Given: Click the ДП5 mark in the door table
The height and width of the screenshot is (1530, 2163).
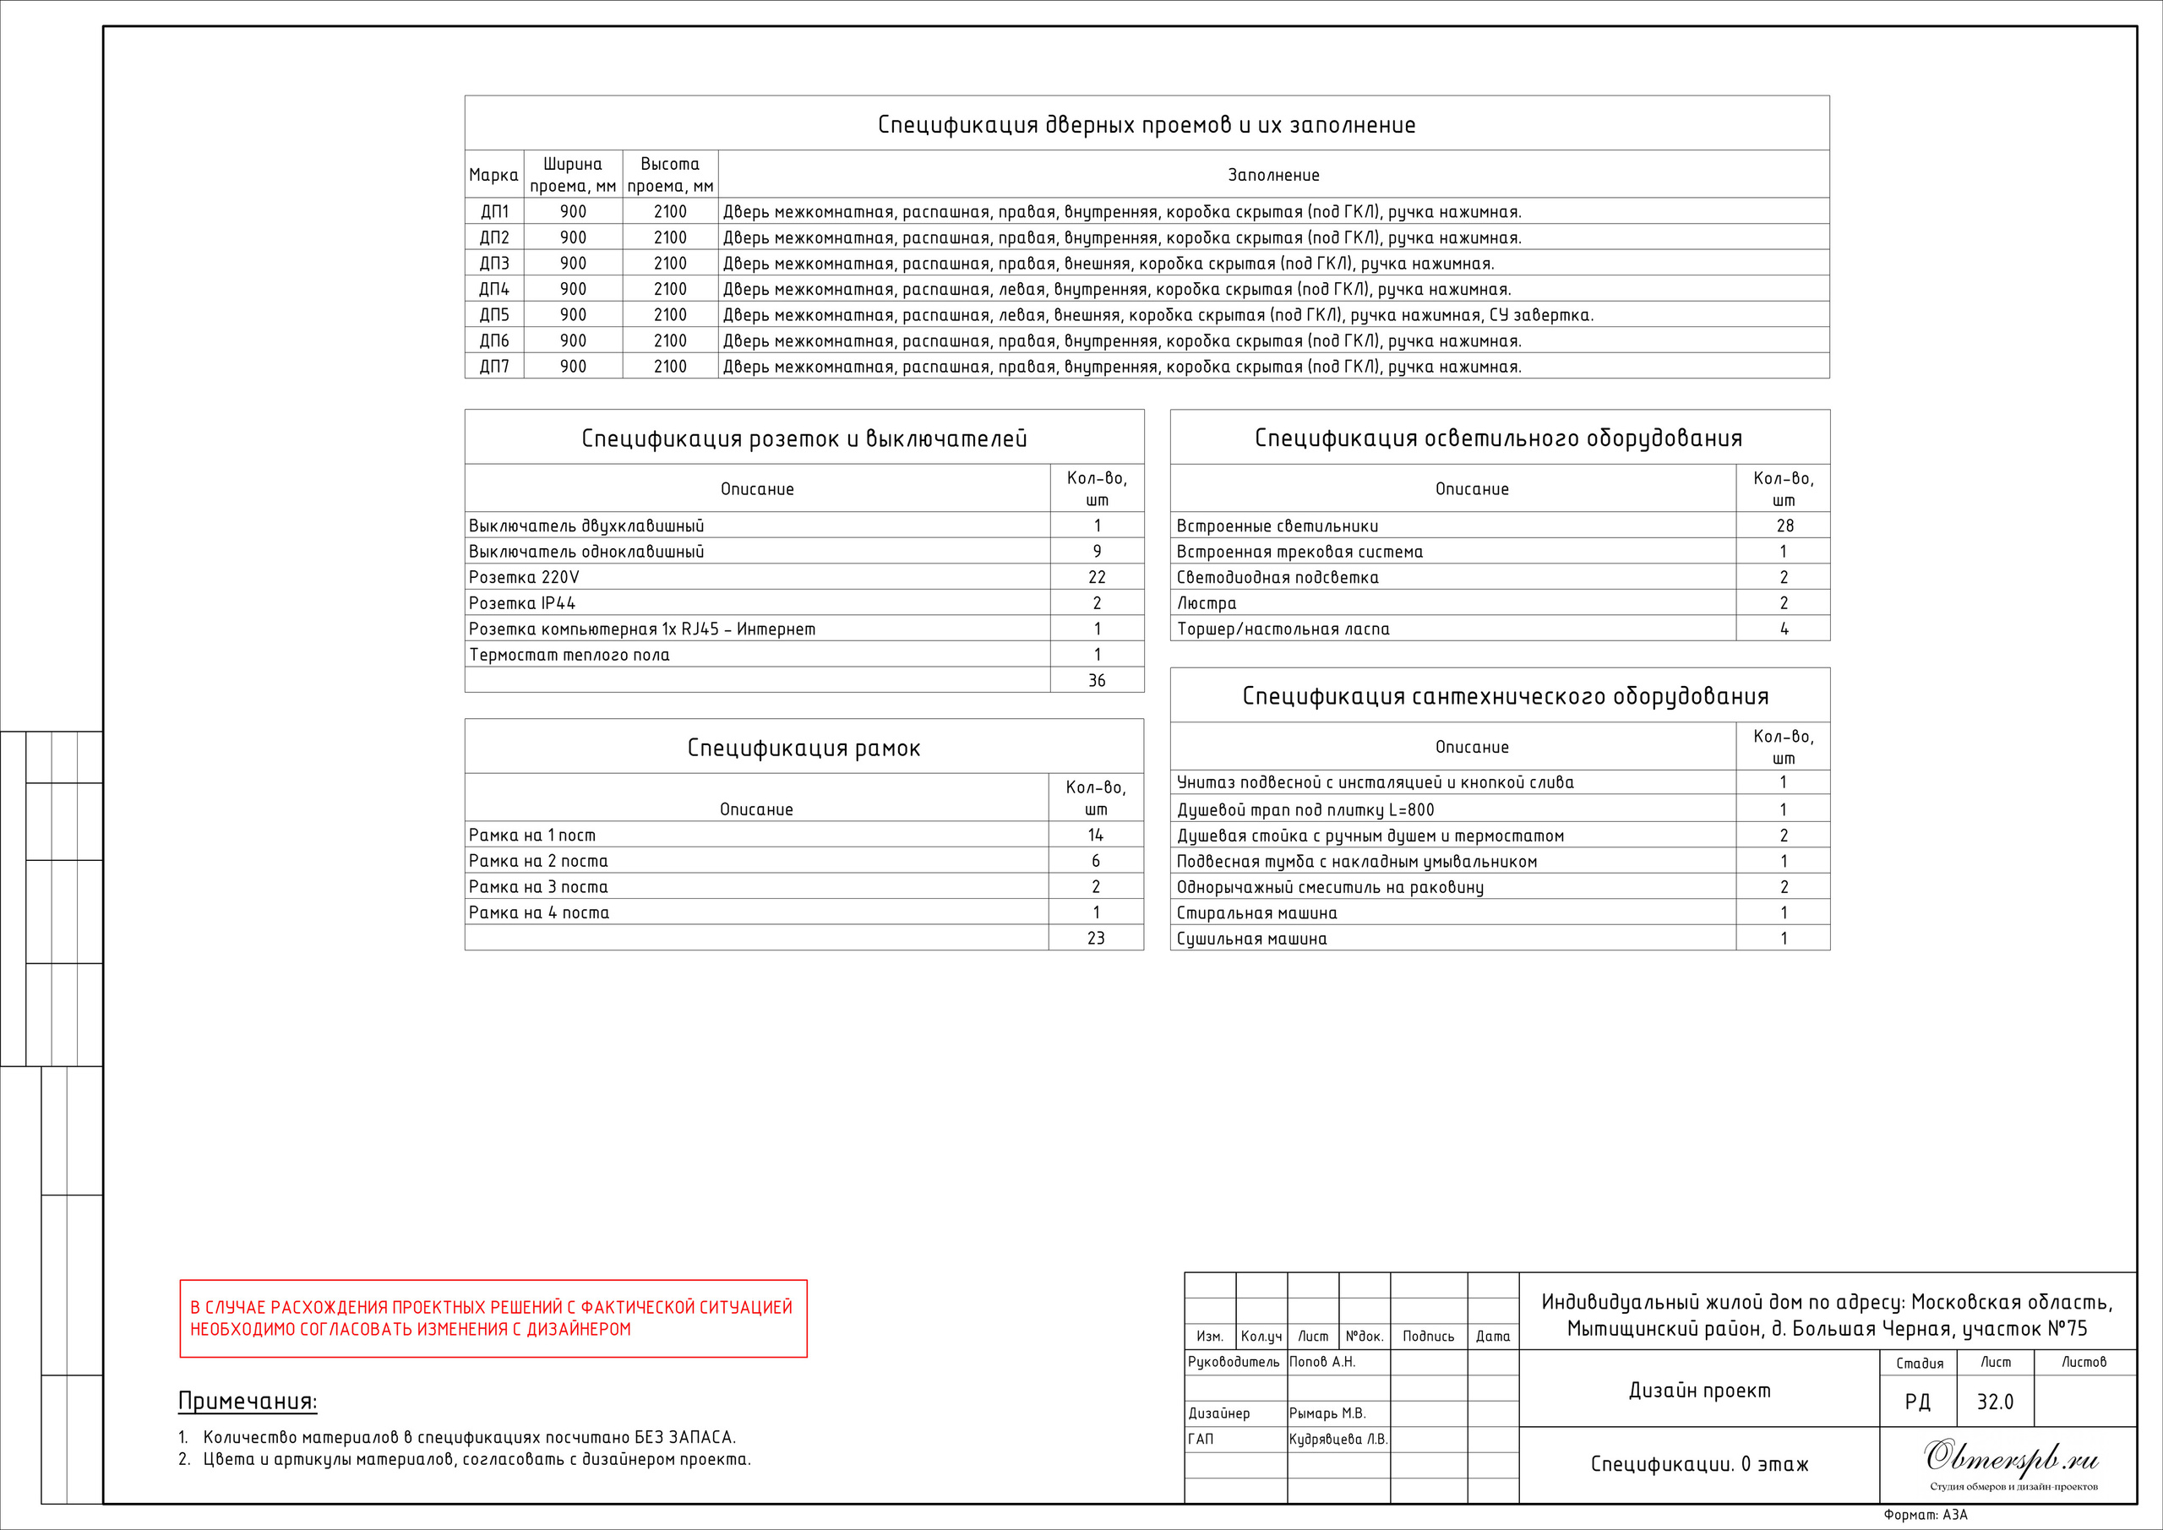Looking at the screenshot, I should pos(493,314).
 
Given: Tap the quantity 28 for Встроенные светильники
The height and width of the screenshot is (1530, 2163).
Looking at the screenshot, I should pos(1784,525).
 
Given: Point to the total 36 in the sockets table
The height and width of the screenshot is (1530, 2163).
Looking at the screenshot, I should pos(1097,680).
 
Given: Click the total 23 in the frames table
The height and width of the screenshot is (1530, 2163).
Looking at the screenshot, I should pos(1096,939).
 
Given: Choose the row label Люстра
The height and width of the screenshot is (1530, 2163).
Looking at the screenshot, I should pos(1207,603).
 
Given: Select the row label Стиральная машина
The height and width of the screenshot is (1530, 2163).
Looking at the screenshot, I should pos(1256,913).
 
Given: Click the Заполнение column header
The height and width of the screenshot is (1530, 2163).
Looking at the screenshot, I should pos(1272,175).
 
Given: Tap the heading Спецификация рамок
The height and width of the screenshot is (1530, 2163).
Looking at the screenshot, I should pos(804,748).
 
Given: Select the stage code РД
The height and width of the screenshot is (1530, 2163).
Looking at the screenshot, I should pos(1917,1402).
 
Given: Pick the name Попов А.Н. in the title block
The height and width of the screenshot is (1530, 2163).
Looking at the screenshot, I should pos(1321,1361).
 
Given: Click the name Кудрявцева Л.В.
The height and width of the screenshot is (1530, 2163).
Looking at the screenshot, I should pos(1338,1439).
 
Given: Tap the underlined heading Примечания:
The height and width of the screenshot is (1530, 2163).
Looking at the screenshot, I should pos(248,1401).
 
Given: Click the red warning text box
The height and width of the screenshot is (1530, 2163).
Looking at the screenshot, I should pos(493,1318).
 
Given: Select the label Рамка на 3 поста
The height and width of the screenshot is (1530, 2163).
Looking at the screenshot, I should pos(538,886).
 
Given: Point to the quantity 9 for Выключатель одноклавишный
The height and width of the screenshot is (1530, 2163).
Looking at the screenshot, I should pos(1097,551).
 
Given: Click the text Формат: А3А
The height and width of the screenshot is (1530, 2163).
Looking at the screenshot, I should pos(1926,1515).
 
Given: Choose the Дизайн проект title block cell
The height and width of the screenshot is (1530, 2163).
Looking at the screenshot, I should pos(1698,1391).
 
